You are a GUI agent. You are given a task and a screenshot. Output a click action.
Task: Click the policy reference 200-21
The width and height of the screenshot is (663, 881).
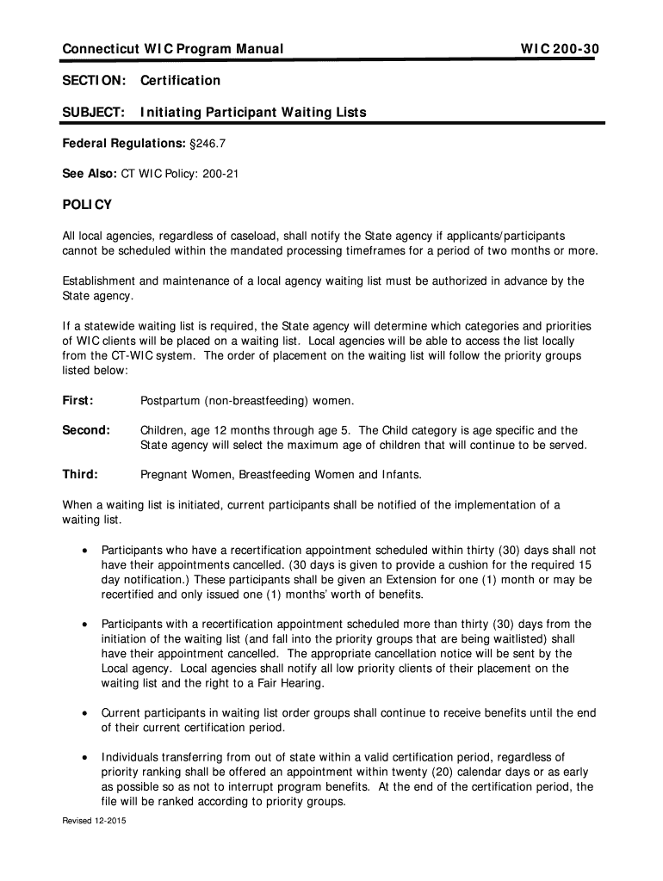(x=220, y=174)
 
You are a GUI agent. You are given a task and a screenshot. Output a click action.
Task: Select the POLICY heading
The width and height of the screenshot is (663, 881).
(x=87, y=205)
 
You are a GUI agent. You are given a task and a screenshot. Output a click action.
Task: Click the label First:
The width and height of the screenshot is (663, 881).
(x=77, y=401)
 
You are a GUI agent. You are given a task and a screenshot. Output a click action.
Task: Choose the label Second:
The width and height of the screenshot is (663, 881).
(x=85, y=430)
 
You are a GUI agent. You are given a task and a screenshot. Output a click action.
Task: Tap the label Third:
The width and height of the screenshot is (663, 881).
(x=80, y=474)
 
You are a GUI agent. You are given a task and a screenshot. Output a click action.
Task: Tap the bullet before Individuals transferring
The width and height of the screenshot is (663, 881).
(x=83, y=758)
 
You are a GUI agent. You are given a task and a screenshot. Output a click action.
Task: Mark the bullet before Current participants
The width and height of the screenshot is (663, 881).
(x=83, y=713)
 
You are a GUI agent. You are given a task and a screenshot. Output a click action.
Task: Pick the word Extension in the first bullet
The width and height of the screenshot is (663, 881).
(x=401, y=580)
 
